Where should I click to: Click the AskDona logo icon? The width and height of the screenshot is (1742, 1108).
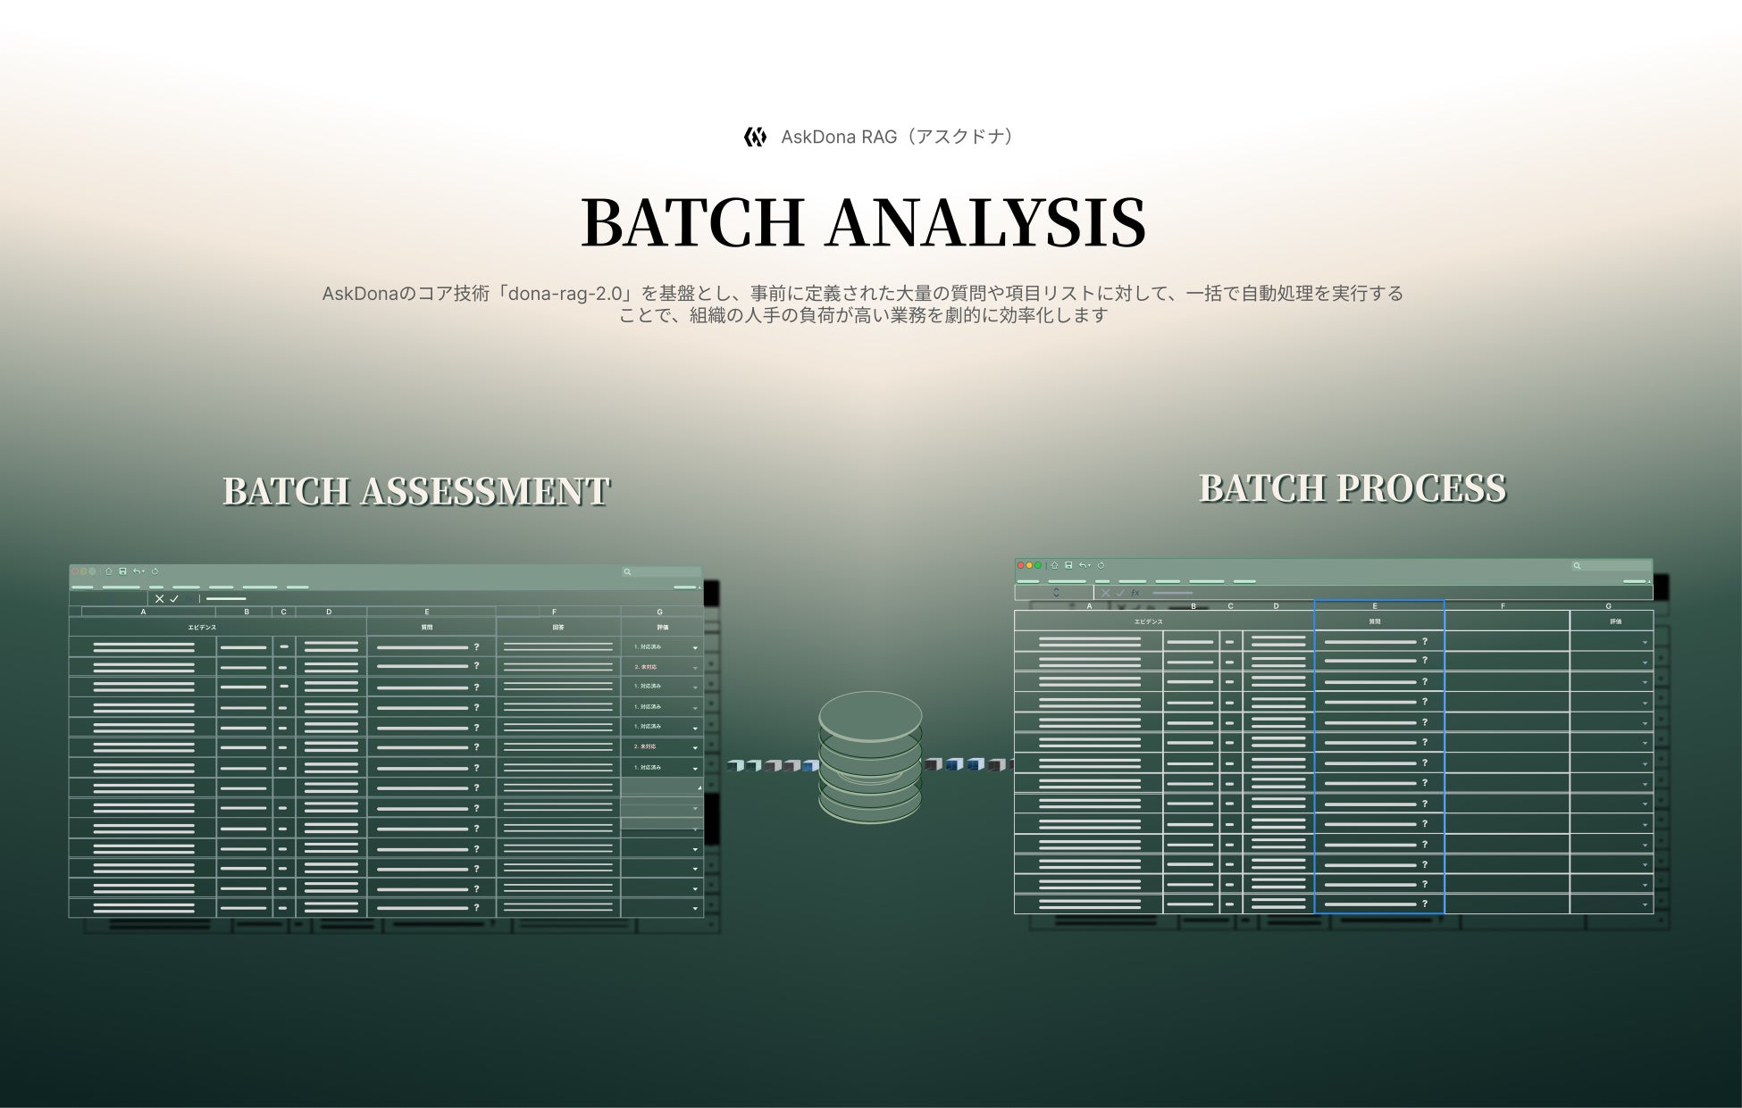755,137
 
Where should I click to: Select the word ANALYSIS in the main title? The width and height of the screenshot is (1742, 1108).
986,222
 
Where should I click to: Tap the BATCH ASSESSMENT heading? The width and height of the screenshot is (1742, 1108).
415,491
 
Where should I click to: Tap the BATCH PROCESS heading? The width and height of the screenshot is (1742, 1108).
1352,488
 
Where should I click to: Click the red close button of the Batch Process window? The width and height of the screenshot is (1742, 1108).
1021,565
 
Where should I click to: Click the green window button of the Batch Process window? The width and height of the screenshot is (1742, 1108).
1038,565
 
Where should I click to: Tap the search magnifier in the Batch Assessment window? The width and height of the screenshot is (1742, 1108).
628,571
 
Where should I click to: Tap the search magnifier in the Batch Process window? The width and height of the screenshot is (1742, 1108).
1577,565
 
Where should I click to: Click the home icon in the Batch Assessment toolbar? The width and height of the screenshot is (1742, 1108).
109,571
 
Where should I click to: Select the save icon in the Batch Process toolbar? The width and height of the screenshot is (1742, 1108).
1068,565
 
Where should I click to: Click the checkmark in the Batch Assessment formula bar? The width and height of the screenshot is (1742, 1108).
174,599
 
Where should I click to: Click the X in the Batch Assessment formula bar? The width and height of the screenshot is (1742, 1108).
159,599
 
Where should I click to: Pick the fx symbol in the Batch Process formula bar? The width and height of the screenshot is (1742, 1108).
1135,593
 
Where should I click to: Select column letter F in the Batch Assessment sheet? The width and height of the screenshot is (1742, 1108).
554,612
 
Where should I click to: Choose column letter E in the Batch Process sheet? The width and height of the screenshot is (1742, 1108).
1375,606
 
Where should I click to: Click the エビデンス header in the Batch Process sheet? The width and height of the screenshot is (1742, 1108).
1149,621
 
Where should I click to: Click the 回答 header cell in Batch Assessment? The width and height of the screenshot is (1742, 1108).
558,628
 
